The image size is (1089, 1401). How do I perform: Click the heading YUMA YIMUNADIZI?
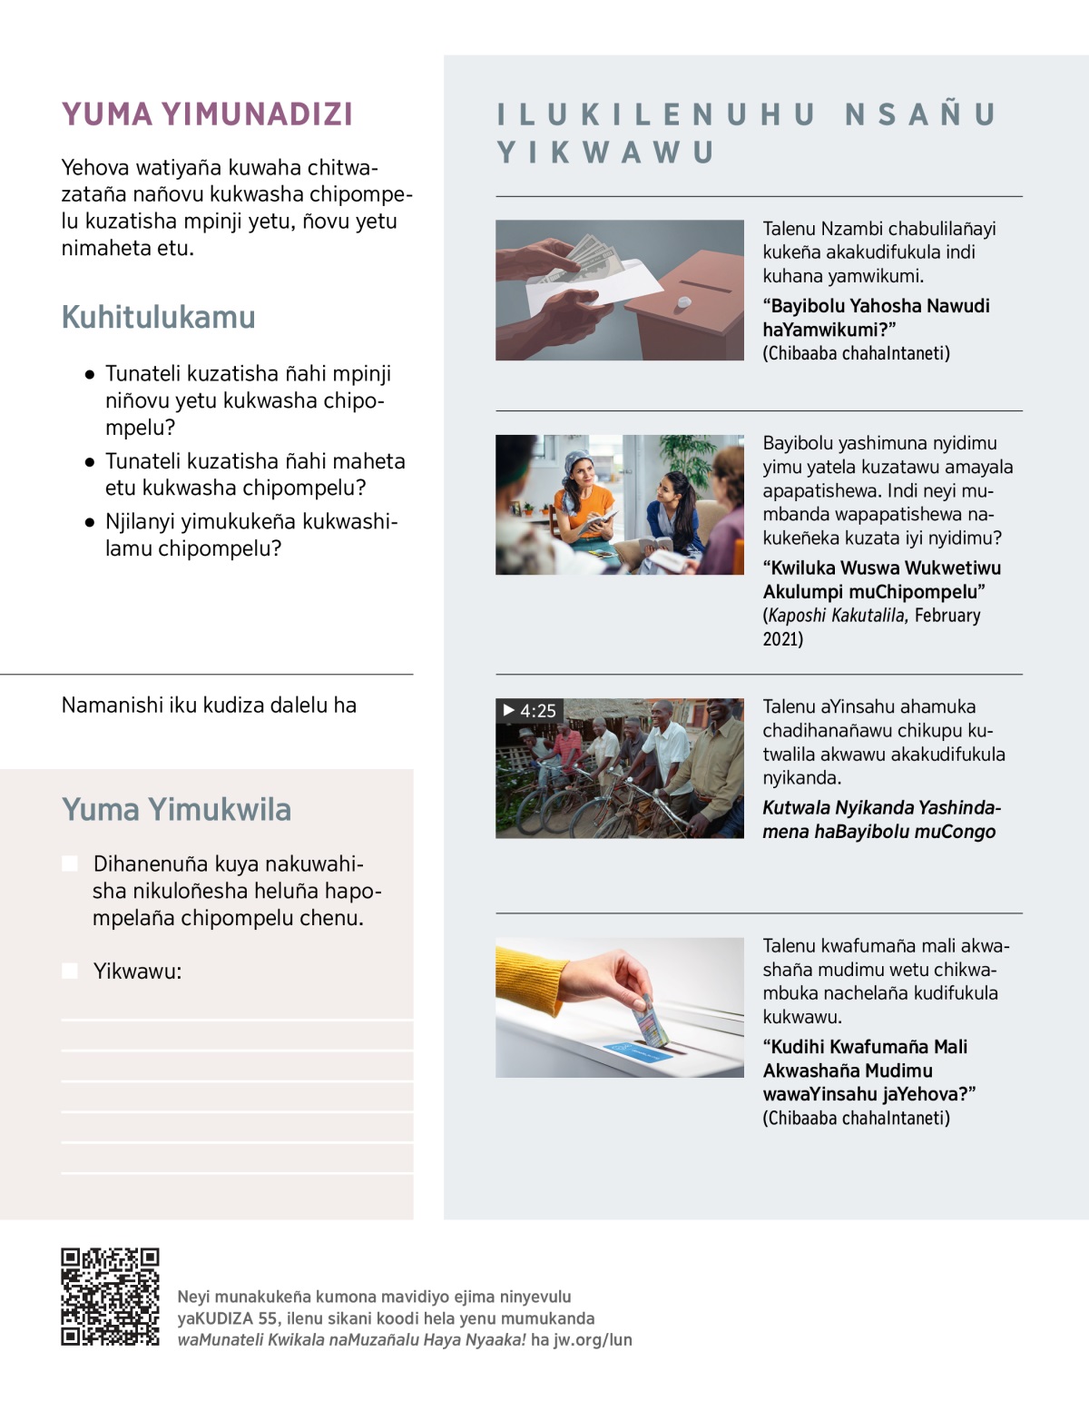coord(207,114)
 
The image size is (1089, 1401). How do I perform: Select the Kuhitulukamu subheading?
coord(158,317)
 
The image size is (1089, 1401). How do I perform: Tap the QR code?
coord(110,1297)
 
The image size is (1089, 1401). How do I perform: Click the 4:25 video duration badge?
coord(530,711)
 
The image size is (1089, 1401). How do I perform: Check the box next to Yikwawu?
coord(70,971)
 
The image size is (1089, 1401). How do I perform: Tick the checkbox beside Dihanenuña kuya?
coord(70,863)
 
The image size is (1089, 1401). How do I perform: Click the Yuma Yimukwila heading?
coord(176,809)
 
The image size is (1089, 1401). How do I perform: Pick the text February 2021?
coord(872,627)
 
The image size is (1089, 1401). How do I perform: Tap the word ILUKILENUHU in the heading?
coord(656,114)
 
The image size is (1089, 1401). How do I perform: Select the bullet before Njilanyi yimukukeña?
coord(89,522)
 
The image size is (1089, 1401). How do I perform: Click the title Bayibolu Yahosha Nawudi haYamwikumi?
coord(875,318)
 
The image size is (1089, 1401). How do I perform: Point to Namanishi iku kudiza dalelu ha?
coord(209,705)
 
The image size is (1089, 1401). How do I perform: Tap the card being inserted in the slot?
coord(653,1021)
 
